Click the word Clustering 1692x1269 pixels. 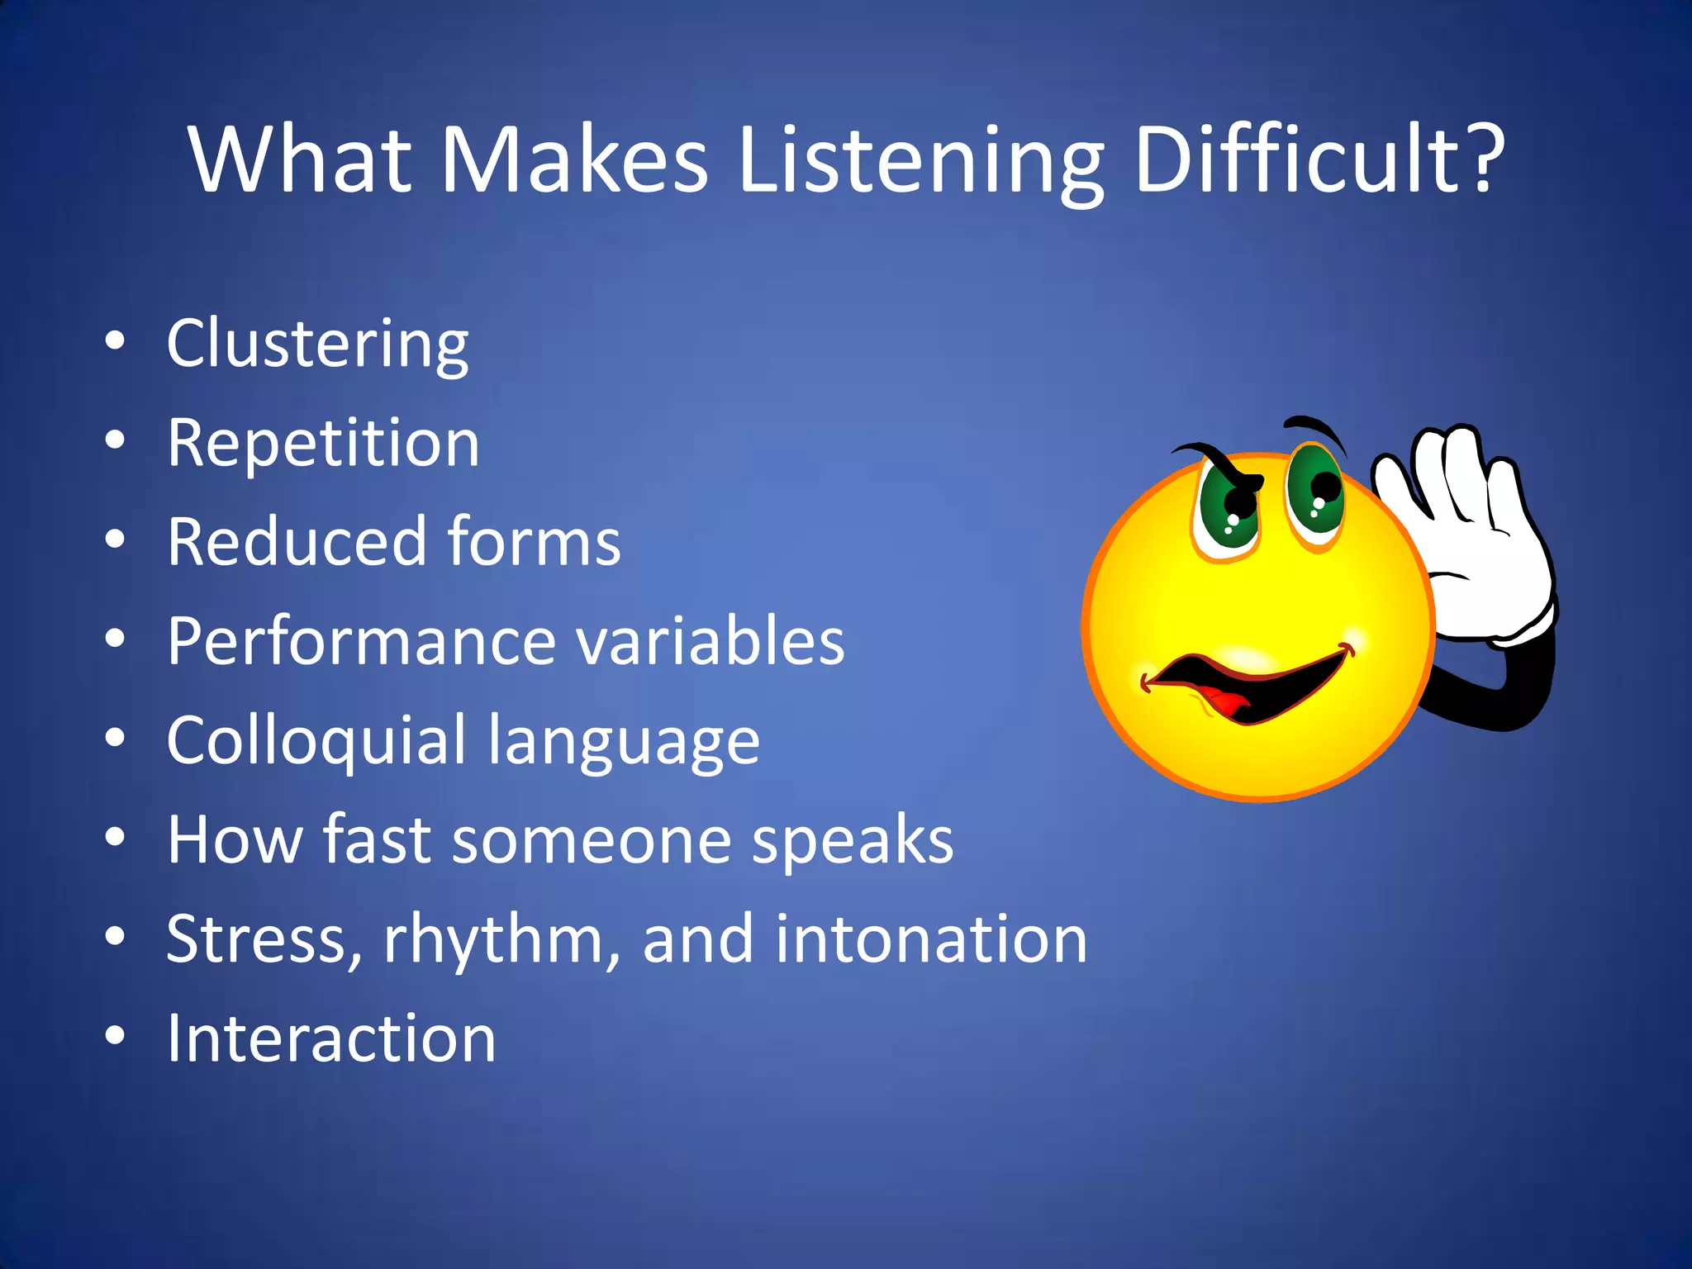pos(317,345)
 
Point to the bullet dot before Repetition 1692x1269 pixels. pos(116,441)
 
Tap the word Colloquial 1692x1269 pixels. pos(316,741)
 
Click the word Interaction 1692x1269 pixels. pos(331,1038)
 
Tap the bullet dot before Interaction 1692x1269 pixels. pos(116,1036)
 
